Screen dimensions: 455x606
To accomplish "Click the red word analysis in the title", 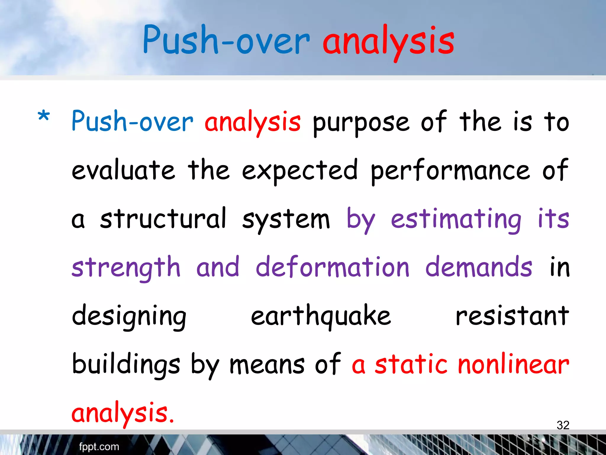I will point(388,41).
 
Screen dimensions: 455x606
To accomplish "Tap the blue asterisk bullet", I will point(44,116).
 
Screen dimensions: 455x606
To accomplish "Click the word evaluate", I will point(123,171).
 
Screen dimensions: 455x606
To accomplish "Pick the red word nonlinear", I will point(513,364).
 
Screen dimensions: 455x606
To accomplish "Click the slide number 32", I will point(563,425).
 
